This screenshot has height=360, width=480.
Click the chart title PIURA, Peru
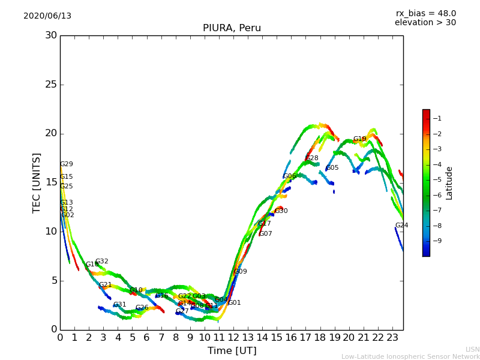click(x=232, y=28)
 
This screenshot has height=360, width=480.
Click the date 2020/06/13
click(x=47, y=16)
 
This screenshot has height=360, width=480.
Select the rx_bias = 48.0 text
click(x=425, y=13)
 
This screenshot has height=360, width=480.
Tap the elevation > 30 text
click(x=425, y=23)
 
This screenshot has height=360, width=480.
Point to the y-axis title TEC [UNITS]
click(x=37, y=182)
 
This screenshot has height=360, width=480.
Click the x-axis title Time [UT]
click(x=232, y=351)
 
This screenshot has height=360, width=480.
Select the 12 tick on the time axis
click(x=233, y=338)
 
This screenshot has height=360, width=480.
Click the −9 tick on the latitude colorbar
click(x=437, y=241)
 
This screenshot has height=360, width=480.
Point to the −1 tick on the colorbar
click(x=437, y=118)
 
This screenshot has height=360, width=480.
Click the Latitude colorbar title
click(x=449, y=182)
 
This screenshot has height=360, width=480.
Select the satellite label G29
click(x=66, y=164)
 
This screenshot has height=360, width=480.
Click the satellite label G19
click(x=359, y=139)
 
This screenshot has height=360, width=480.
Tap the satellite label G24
click(x=401, y=226)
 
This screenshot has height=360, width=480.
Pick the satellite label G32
click(x=102, y=262)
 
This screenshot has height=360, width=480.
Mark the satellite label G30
click(x=281, y=211)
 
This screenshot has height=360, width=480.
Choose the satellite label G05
click(x=332, y=168)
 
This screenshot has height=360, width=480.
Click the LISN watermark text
click(x=472, y=349)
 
